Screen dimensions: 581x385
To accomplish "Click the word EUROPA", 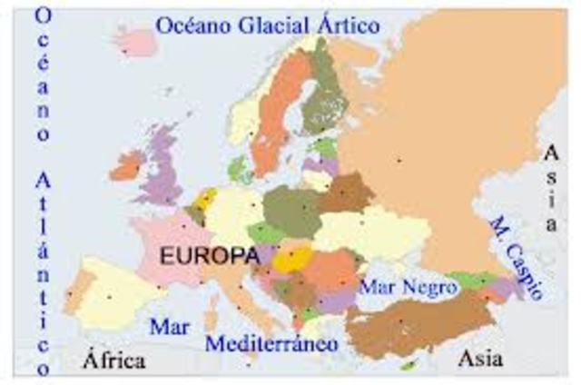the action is pyautogui.click(x=208, y=256).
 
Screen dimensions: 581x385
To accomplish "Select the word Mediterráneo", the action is pyautogui.click(x=271, y=343).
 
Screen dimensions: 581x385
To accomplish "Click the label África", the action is pyautogui.click(x=113, y=360).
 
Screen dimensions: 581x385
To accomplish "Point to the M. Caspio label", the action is pyautogui.click(x=515, y=257).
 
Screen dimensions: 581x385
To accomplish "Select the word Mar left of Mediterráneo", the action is pyautogui.click(x=170, y=325).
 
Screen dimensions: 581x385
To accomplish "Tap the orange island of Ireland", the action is pyautogui.click(x=126, y=165).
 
